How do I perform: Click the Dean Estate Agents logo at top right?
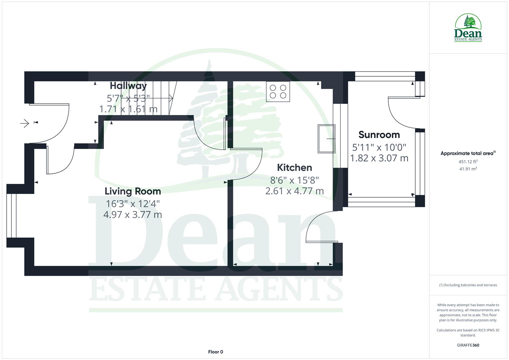pos(468,28)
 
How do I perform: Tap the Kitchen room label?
pos(294,167)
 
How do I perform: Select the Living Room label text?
pos(133,191)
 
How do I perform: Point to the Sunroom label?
pos(379,135)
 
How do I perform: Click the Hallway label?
pos(128,86)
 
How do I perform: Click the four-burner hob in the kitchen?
pos(278,92)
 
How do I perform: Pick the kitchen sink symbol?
pos(326,139)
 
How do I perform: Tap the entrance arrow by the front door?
pos(25,124)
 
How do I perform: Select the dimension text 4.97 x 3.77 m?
pos(133,214)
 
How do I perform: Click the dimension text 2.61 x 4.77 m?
pos(294,191)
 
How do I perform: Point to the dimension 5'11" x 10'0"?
pos(379,147)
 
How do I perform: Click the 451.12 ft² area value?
pos(468,162)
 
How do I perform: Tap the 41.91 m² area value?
pos(468,169)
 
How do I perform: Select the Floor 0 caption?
pos(215,352)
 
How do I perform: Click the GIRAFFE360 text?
pos(468,345)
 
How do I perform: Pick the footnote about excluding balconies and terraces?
pos(468,285)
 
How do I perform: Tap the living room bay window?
pos(11,216)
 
